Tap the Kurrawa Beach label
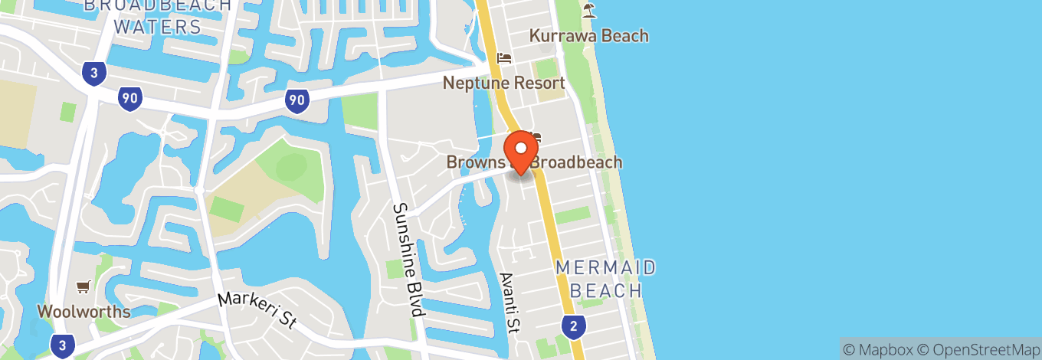(589, 36)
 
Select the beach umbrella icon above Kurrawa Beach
(588, 10)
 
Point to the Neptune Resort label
(503, 83)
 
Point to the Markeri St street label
(257, 310)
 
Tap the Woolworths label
(84, 312)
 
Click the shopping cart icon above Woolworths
(83, 287)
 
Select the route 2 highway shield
(572, 326)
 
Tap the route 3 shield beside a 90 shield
(93, 74)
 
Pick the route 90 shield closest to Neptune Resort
(297, 100)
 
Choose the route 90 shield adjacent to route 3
(129, 98)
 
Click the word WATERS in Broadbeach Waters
(158, 28)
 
